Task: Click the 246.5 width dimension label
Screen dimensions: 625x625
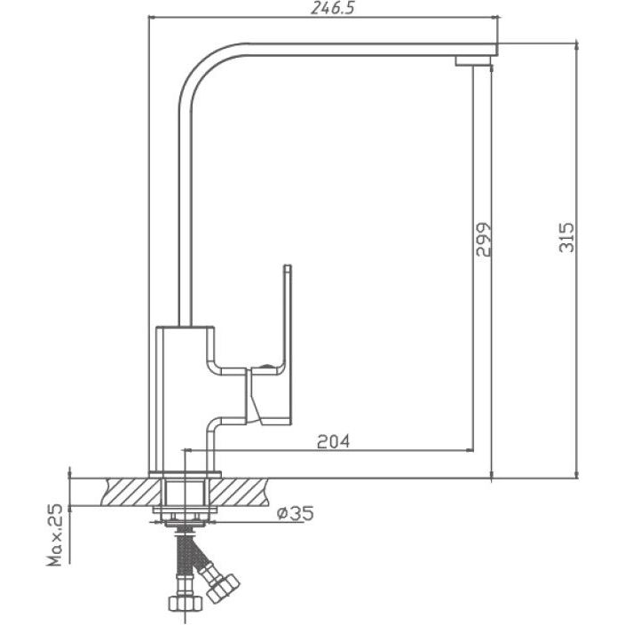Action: (332, 8)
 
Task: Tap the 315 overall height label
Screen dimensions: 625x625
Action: (566, 238)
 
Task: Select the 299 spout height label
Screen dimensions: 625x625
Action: (484, 239)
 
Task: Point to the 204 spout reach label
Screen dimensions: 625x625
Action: (333, 441)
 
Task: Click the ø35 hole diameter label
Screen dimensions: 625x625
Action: (296, 513)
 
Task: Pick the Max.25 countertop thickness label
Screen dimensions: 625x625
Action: (55, 534)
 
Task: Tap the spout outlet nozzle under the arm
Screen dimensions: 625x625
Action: (473, 61)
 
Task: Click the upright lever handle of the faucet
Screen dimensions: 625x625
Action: (288, 319)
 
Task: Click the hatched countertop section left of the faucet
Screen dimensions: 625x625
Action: (132, 492)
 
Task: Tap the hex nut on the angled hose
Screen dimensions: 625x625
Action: (223, 586)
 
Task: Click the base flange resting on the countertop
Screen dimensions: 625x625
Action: (185, 474)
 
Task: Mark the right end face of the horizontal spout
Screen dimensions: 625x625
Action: (497, 49)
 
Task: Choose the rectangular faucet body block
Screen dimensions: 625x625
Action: (186, 399)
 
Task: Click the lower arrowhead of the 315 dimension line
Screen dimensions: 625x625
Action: (576, 474)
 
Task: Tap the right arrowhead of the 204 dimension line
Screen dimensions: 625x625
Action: (469, 450)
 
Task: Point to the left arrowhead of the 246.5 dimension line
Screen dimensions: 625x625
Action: (153, 17)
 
